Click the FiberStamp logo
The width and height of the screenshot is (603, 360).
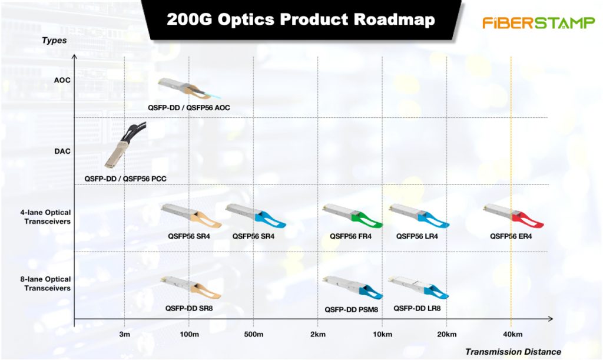(538, 23)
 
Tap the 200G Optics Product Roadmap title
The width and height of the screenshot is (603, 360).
(301, 19)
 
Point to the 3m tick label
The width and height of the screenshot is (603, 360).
(125, 334)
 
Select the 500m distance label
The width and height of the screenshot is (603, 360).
(254, 334)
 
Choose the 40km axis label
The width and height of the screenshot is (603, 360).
(513, 334)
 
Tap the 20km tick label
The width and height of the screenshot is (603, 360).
(447, 334)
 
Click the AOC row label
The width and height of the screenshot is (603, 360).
(62, 80)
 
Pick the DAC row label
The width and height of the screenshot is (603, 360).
(62, 151)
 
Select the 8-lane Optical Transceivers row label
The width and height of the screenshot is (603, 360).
(46, 284)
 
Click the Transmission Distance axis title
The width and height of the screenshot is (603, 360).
(513, 352)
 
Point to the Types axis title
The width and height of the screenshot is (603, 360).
(54, 41)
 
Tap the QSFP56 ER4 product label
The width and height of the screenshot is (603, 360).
(511, 236)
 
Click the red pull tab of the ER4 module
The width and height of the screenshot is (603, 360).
(528, 220)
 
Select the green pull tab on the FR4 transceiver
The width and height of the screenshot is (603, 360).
(367, 220)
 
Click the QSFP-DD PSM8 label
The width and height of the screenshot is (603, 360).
(351, 309)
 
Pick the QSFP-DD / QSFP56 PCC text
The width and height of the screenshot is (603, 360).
(125, 179)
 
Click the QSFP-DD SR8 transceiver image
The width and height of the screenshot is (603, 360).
(191, 288)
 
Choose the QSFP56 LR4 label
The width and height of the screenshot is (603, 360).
(417, 236)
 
